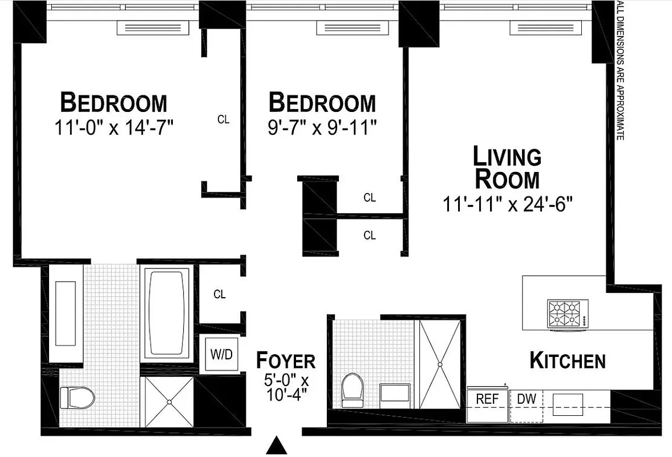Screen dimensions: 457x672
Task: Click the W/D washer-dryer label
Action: (221, 354)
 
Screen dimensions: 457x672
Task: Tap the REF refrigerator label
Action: (487, 399)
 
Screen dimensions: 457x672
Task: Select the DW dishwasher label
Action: (526, 399)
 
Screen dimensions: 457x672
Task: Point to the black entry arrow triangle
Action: (277, 445)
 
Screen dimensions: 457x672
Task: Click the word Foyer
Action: (285, 361)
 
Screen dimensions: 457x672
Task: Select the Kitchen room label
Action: (567, 361)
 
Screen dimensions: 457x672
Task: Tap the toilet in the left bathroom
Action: (78, 396)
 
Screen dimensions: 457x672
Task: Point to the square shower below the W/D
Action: (169, 402)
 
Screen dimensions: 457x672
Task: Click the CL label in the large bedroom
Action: (224, 120)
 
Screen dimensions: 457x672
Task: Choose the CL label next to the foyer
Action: (220, 295)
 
